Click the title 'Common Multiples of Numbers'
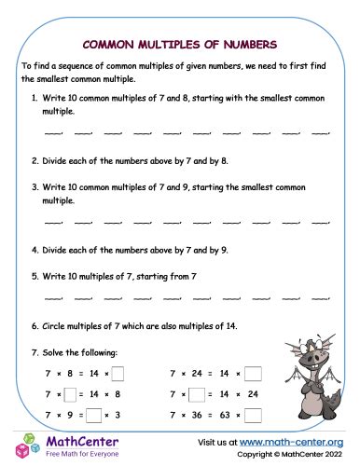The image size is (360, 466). tap(179, 43)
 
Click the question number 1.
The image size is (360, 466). tap(35, 97)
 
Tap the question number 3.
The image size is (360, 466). tap(35, 186)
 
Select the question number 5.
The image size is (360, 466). tap(35, 276)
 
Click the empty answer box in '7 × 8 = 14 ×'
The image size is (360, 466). tap(118, 374)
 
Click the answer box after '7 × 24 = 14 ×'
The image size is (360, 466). tap(254, 374)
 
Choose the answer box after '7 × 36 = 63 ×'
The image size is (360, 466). tap(254, 413)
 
